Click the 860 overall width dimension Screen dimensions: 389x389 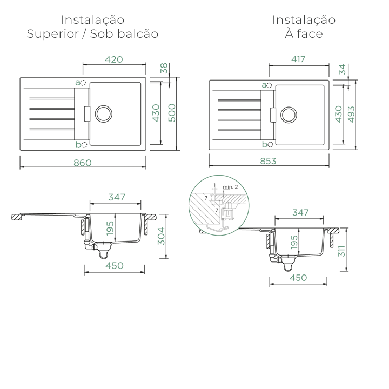coord(83,163)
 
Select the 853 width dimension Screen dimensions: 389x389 coord(268,161)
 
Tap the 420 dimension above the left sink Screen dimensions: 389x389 coord(114,59)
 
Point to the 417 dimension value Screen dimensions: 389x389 coord(298,59)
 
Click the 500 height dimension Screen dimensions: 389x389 coord(172,112)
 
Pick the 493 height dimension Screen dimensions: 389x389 coord(351,114)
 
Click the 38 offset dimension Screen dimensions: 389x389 coord(164,68)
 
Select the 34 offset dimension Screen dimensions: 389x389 coord(342,69)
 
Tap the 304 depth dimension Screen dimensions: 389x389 coord(161,236)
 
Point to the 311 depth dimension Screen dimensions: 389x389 coord(341,251)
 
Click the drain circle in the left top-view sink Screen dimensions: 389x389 coord(104,114)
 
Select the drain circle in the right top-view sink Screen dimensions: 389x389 coord(289,115)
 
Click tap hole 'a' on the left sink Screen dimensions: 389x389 coord(83,83)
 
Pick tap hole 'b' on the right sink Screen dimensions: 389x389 coord(270,145)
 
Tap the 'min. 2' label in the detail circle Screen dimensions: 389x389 coord(230,187)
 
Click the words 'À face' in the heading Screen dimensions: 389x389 coord(304,33)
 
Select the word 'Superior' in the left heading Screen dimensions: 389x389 coord(52,34)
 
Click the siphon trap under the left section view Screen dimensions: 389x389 coord(104,254)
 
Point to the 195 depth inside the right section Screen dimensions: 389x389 coord(294,243)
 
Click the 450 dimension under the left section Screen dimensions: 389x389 coord(115,266)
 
